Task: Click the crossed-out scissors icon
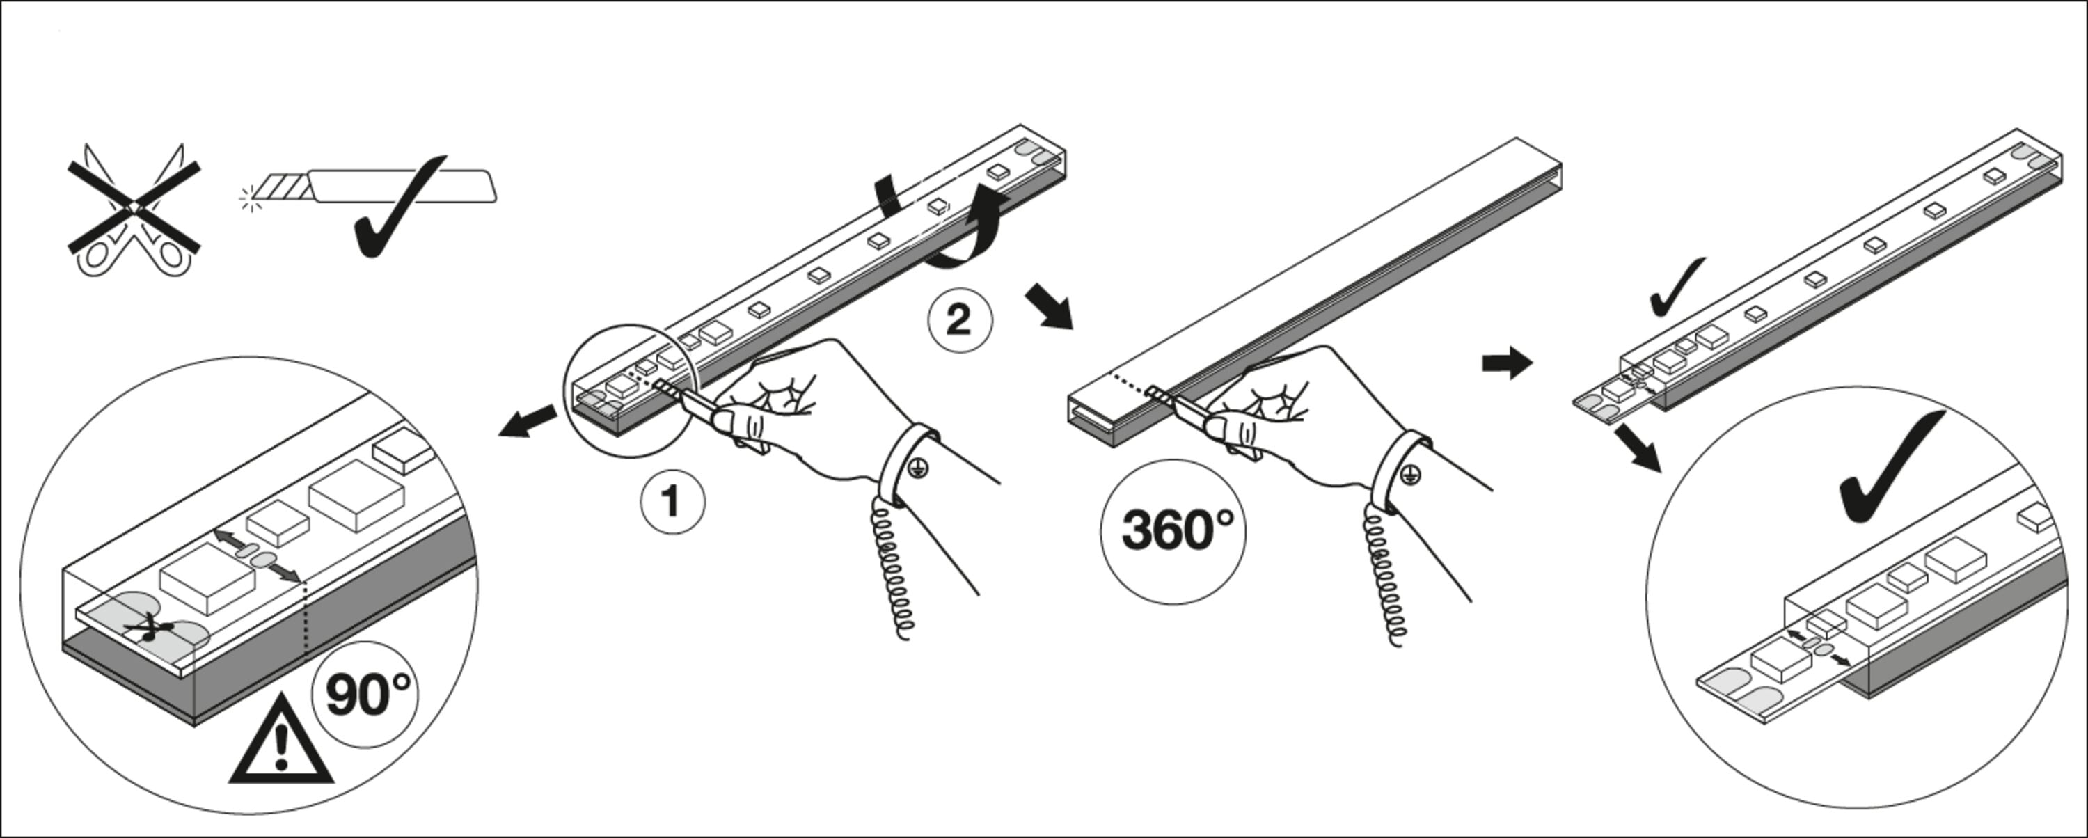point(134,209)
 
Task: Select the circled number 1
point(673,502)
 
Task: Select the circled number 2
point(960,321)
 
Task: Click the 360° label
point(1173,532)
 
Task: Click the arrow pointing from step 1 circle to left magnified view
point(528,422)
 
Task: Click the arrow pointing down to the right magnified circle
point(1636,450)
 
